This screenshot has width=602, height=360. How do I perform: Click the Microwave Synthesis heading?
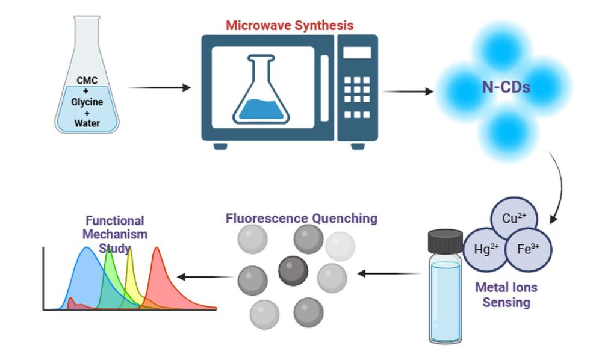[x=290, y=25]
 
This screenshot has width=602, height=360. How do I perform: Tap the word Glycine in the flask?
[x=87, y=102]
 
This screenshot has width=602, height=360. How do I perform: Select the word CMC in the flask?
[x=87, y=80]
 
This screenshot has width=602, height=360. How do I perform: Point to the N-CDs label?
[x=506, y=87]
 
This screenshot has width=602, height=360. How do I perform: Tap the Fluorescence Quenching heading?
[x=302, y=218]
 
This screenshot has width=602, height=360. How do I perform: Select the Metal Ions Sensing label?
[x=506, y=295]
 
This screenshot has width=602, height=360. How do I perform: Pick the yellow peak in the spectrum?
[x=129, y=265]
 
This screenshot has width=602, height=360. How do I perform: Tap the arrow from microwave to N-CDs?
[x=408, y=92]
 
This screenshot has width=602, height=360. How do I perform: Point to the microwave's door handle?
[x=325, y=88]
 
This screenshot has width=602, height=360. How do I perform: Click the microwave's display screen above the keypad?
[x=357, y=52]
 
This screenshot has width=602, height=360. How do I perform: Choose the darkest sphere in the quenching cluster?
[x=293, y=270]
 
